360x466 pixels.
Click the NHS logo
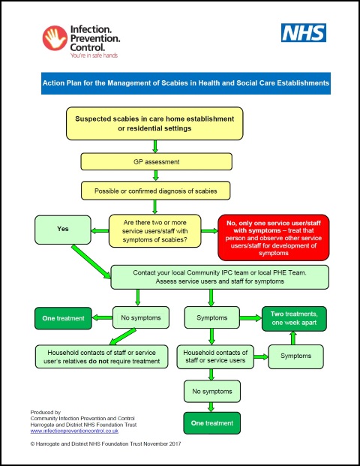[304, 33]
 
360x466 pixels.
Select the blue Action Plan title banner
[186, 83]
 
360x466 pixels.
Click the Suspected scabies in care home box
[154, 124]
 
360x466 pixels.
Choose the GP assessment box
[154, 161]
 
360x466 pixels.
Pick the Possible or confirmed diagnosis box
[154, 191]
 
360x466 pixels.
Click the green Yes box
[62, 229]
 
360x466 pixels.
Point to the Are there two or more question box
[154, 230]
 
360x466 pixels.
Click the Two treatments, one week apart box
[292, 319]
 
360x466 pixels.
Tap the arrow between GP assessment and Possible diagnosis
[154, 176]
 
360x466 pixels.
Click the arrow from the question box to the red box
[209, 230]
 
